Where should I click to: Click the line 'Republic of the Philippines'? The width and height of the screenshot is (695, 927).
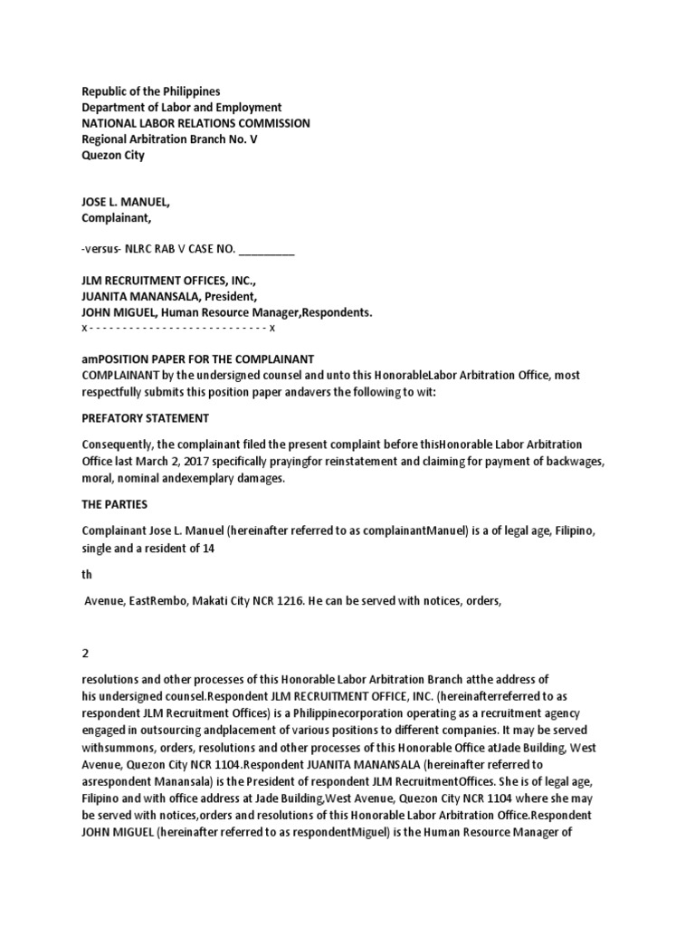coord(151,91)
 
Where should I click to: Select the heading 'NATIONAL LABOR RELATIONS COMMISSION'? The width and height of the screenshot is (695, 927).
coord(195,123)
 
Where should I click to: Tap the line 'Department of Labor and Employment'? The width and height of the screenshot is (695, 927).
coord(182,108)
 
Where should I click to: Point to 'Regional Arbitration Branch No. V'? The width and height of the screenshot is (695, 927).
coord(169,139)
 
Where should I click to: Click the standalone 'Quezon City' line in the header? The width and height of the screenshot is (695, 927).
coord(113,155)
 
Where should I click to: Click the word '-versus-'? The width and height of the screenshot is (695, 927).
coord(103,249)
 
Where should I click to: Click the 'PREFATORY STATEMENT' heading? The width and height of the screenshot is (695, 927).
coord(146,418)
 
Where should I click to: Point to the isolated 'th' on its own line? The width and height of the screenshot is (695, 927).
coord(88,574)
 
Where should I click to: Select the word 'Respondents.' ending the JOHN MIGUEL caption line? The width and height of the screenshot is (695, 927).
coord(337,312)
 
